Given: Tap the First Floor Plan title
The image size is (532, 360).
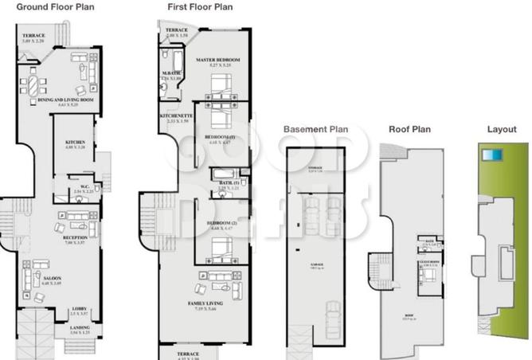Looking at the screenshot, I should tap(200, 6).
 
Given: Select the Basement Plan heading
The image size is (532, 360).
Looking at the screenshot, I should tap(316, 128).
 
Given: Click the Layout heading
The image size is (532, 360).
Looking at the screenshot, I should tap(502, 128).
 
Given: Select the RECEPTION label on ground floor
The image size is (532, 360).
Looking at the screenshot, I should tap(75, 237).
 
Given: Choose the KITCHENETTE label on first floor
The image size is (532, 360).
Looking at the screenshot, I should tap(176, 116).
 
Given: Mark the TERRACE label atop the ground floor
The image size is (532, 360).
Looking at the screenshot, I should tap(33, 36).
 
